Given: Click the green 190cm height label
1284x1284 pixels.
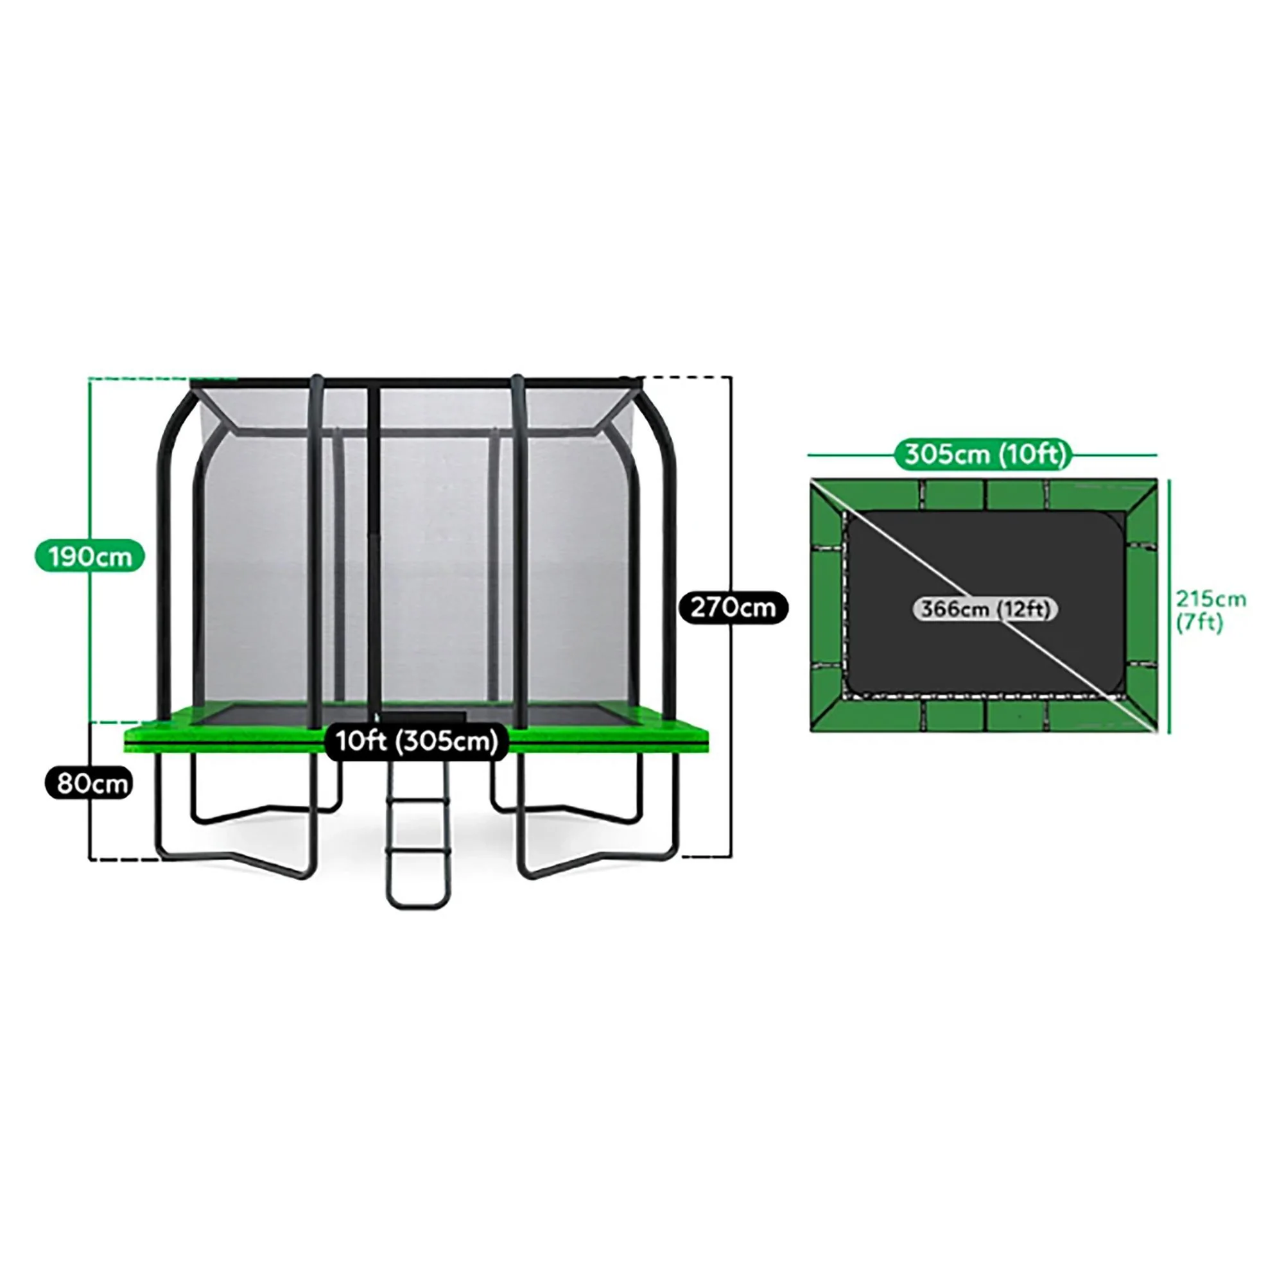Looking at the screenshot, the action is (x=90, y=556).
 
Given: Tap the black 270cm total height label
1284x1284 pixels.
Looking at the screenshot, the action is (x=733, y=607).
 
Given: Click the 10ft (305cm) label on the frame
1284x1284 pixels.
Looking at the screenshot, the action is (x=417, y=741).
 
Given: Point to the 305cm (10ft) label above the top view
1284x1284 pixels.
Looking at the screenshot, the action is (x=985, y=455).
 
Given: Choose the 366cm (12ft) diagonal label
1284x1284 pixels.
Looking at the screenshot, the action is (x=985, y=609).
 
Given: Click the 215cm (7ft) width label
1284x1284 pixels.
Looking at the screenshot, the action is (x=1211, y=611).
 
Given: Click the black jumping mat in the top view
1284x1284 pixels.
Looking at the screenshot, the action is (x=985, y=602).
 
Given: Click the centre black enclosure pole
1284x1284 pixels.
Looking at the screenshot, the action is (x=374, y=551).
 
